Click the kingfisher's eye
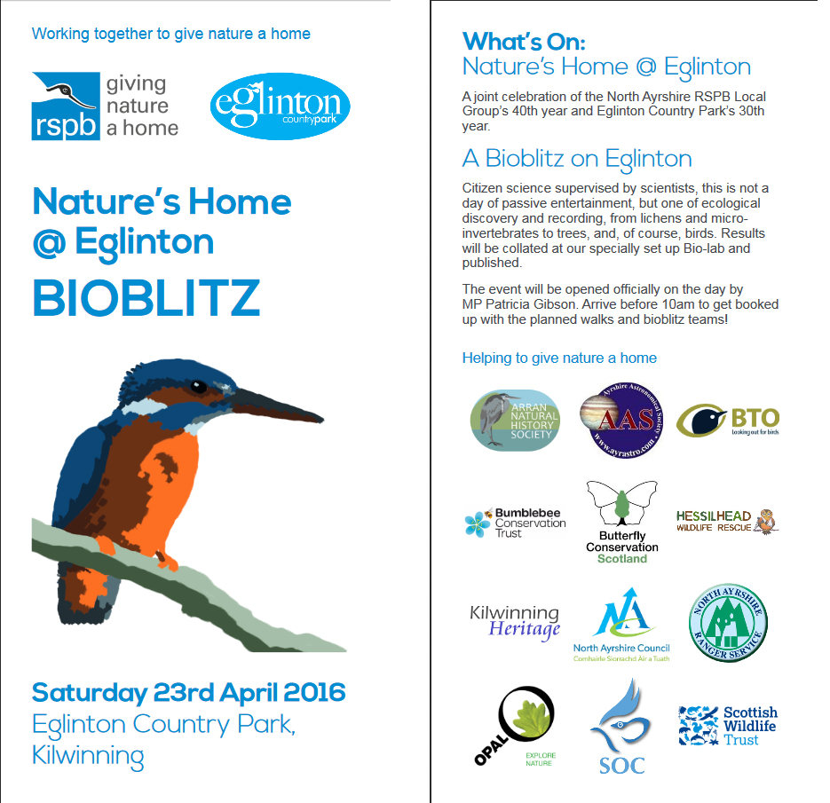198,387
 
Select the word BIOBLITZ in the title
146,298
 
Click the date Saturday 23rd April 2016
188,693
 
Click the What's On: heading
524,42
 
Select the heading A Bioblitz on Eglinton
577,159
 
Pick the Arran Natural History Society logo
514,420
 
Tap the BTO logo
727,421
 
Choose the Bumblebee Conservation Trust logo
515,523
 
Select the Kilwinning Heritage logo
515,622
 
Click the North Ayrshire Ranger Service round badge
728,622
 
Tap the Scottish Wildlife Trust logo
727,725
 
